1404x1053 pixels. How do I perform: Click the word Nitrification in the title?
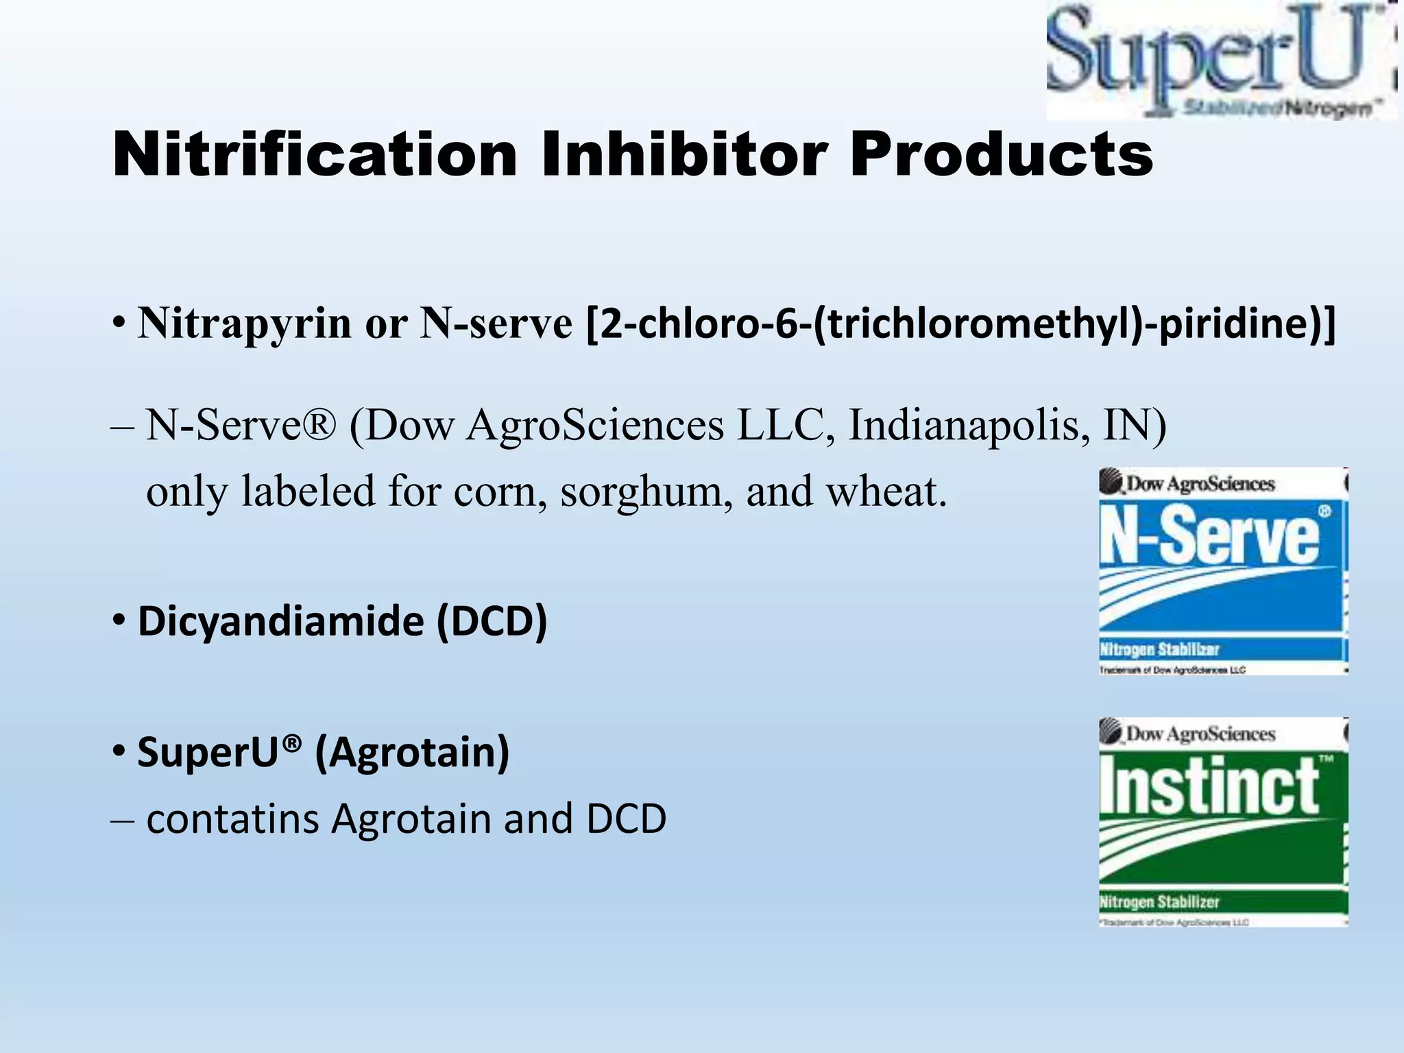point(315,155)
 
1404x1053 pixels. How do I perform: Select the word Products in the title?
point(1002,155)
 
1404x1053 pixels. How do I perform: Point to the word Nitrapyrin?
point(244,322)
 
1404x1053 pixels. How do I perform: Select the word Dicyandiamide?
point(281,621)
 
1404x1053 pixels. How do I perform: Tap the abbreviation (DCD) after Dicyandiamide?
point(492,621)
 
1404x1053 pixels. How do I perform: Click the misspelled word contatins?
point(233,819)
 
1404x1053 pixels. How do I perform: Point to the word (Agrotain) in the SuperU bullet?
point(412,752)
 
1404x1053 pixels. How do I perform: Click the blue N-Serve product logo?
point(1222,570)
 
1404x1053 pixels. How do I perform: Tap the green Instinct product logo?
point(1222,821)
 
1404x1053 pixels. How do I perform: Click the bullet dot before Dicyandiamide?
point(119,620)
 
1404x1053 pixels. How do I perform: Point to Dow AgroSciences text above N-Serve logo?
point(1200,484)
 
